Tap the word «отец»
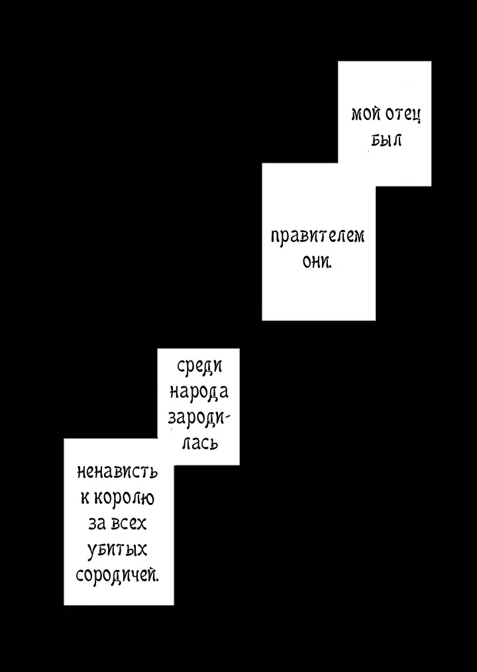click(403, 115)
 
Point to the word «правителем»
click(317, 237)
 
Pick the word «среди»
click(199, 366)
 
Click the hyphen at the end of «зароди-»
click(227, 418)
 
